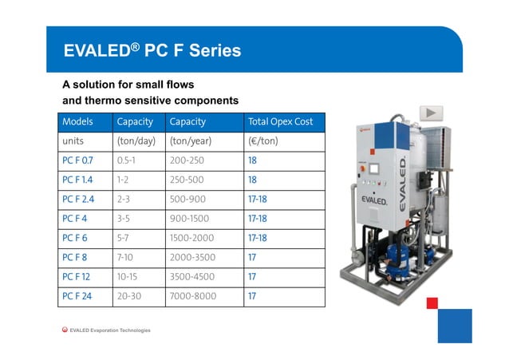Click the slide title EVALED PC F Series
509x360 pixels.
pyautogui.click(x=152, y=50)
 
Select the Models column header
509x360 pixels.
pyautogui.click(x=77, y=122)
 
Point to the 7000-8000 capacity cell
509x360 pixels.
pyautogui.click(x=193, y=297)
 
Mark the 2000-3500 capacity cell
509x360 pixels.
pyautogui.click(x=193, y=258)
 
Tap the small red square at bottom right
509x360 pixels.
pyautogui.click(x=432, y=303)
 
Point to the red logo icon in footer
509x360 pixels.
pyautogui.click(x=65, y=330)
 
